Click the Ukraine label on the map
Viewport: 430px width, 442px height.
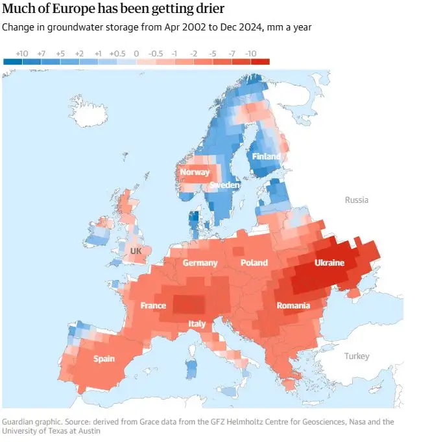[329, 262]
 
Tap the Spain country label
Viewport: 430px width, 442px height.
[104, 358]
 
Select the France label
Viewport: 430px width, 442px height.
[153, 305]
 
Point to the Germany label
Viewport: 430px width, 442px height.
[200, 262]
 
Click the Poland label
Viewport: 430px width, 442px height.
[254, 262]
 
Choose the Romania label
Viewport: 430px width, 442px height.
[293, 305]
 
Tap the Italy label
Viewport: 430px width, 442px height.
[197, 323]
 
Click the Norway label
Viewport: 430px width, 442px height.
[195, 172]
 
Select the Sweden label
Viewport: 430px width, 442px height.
[224, 185]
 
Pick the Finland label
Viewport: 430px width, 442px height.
[267, 156]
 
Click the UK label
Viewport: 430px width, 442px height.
[136, 250]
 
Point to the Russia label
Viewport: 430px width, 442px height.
[356, 200]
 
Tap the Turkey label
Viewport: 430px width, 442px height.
[357, 356]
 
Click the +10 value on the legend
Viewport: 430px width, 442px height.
[21, 52]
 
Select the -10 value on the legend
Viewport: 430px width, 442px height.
[251, 52]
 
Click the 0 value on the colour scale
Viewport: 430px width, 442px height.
[136, 52]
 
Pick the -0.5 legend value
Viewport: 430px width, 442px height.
[156, 52]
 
